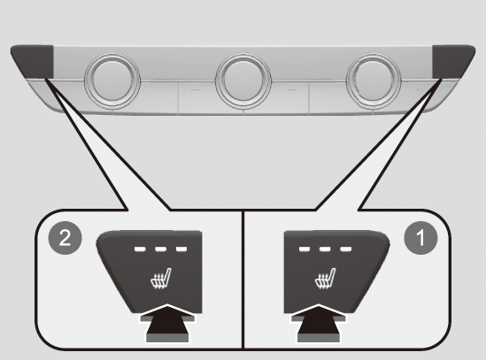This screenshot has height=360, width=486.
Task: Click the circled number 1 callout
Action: tap(420, 238)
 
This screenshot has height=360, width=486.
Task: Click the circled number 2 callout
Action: tap(66, 238)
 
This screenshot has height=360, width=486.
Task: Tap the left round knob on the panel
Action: tap(112, 81)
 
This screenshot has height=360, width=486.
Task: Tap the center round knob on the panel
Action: tap(243, 81)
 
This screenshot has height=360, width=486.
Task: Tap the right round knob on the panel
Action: tap(374, 81)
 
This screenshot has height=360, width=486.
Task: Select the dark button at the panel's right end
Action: tap(452, 62)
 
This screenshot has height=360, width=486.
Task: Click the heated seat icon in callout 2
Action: tap(160, 279)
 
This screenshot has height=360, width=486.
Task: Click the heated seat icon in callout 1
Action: tap(325, 279)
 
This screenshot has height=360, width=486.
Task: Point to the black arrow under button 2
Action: tap(167, 323)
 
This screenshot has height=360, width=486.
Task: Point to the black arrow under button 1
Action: tap(319, 323)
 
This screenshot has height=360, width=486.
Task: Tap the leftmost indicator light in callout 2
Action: tap(140, 249)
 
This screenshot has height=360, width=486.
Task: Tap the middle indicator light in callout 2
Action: tap(161, 249)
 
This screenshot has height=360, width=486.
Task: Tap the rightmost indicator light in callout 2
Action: tap(181, 249)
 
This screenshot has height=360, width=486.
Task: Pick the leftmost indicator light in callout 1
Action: tap(305, 249)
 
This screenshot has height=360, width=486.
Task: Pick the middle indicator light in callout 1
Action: tap(325, 249)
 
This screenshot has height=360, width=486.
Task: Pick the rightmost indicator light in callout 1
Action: tap(346, 249)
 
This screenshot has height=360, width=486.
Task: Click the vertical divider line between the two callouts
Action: tap(243, 280)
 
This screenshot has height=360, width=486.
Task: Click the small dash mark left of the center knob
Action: tap(195, 90)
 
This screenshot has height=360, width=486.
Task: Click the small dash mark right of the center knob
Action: tap(291, 90)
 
